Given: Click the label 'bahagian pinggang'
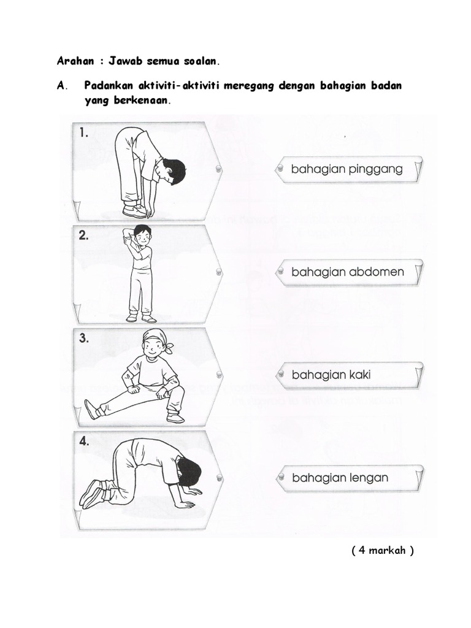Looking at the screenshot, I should pyautogui.click(x=347, y=170).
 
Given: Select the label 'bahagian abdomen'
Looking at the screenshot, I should pyautogui.click(x=347, y=272).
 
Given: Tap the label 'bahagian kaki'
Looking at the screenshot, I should pyautogui.click(x=331, y=374).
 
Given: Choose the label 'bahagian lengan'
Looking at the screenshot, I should pyautogui.click(x=340, y=478).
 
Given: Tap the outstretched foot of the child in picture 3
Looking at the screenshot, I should pyautogui.click(x=92, y=409).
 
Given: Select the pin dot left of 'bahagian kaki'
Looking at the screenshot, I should pyautogui.click(x=280, y=373).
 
